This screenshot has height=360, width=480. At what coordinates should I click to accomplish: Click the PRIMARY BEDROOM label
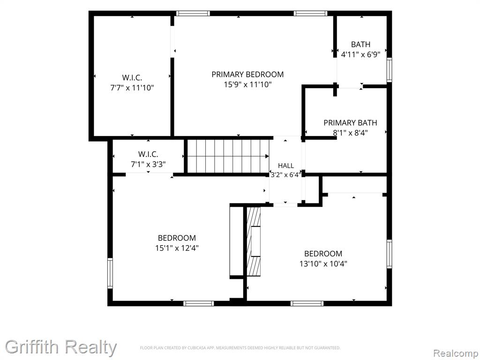tap(247, 75)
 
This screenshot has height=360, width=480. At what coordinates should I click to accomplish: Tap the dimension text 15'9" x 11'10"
tap(247, 84)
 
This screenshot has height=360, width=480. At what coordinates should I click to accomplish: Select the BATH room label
tap(360, 45)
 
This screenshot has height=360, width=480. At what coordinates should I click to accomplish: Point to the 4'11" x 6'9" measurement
tap(360, 54)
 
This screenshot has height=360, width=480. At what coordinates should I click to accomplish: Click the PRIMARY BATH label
tap(350, 123)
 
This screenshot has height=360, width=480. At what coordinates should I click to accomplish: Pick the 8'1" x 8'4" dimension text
tap(350, 133)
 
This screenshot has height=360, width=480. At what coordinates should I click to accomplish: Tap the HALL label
tap(286, 165)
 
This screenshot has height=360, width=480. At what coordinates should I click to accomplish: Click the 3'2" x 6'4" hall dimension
tap(286, 175)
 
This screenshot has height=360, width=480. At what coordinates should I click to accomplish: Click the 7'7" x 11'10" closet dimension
tap(132, 88)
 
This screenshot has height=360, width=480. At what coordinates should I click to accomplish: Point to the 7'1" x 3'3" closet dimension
tap(148, 165)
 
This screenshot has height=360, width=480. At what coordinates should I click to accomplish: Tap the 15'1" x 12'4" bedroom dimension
tap(177, 248)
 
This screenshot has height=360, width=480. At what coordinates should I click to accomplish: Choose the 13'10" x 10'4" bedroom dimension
tap(323, 263)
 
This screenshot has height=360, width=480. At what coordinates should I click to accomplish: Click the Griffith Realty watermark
tap(61, 347)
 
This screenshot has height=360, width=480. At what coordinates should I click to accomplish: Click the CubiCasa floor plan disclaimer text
tap(240, 348)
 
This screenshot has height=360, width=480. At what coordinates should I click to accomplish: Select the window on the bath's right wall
tap(389, 70)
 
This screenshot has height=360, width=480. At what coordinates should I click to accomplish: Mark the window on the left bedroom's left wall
tap(110, 273)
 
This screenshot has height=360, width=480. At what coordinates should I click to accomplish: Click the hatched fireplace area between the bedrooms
tap(254, 241)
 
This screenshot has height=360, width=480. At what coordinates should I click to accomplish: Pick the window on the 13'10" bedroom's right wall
tap(389, 254)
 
